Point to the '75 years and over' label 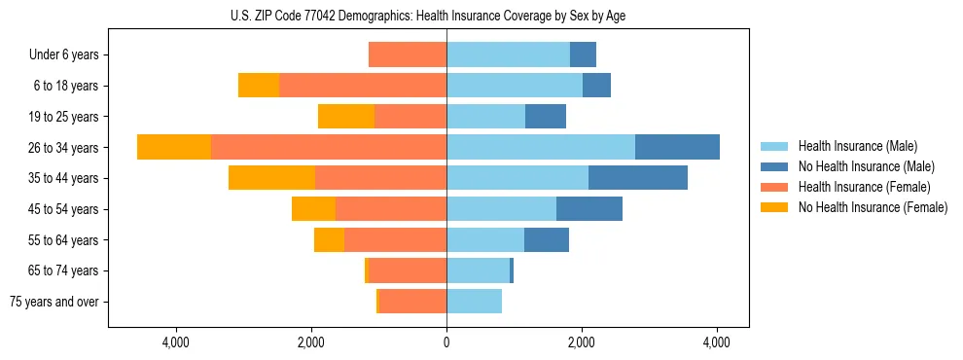[x=53, y=302]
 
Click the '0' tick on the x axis [x=446, y=342]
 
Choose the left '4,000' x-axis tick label [x=176, y=342]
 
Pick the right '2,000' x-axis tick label [x=582, y=342]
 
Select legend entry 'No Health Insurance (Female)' [x=873, y=207]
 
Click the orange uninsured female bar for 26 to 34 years [x=174, y=147]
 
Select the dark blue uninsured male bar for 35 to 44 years [x=638, y=178]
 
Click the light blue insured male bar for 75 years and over [x=474, y=302]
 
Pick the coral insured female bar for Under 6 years [x=408, y=55]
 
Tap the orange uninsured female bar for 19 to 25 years [x=346, y=117]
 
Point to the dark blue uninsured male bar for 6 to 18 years [x=596, y=86]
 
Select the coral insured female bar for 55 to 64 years [x=395, y=240]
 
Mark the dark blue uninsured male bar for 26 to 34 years [x=677, y=147]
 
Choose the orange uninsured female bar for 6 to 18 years [x=259, y=86]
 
